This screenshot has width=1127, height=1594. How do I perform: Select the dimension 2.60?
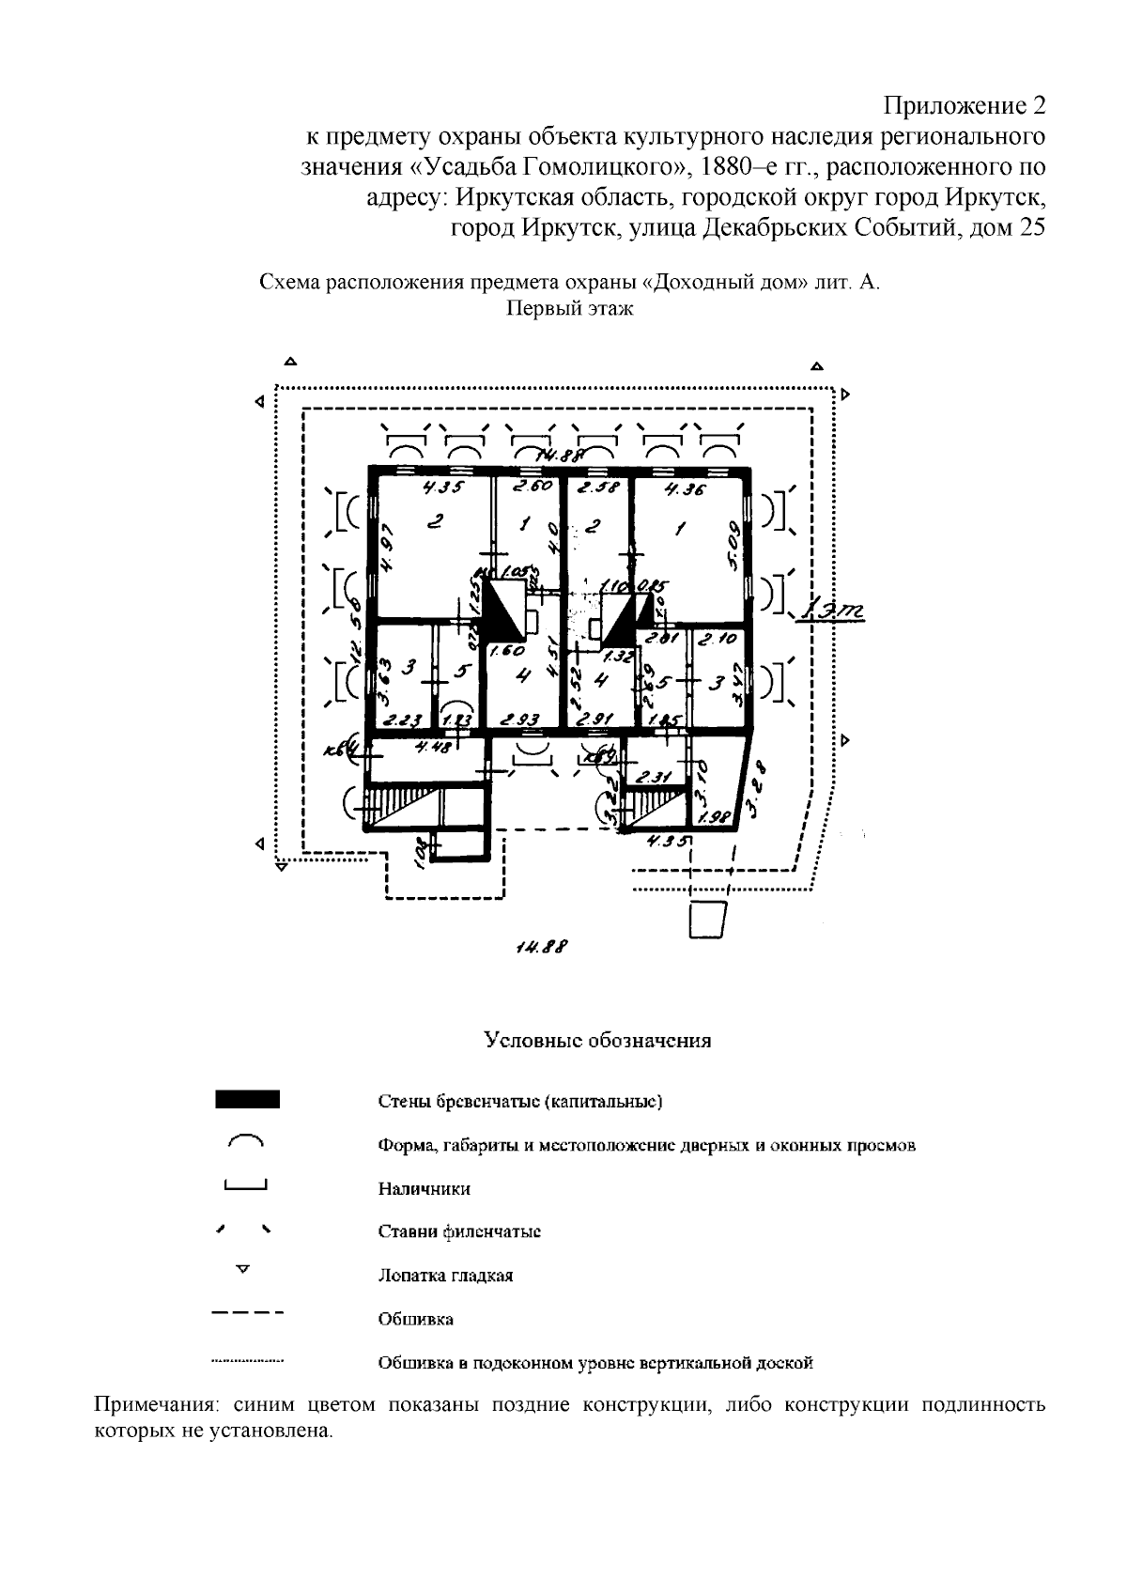click(533, 487)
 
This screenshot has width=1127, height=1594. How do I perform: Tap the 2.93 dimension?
click(519, 720)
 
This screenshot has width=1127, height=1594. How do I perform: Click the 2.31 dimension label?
click(651, 778)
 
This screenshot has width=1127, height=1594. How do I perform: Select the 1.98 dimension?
click(718, 817)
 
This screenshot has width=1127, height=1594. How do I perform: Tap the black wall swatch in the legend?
click(247, 1100)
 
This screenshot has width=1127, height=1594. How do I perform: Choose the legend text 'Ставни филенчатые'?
click(459, 1232)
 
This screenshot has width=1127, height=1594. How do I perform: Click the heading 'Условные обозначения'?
click(597, 1041)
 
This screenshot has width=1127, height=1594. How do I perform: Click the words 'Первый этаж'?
click(570, 309)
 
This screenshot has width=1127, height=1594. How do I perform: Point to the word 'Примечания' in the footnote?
click(156, 1406)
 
